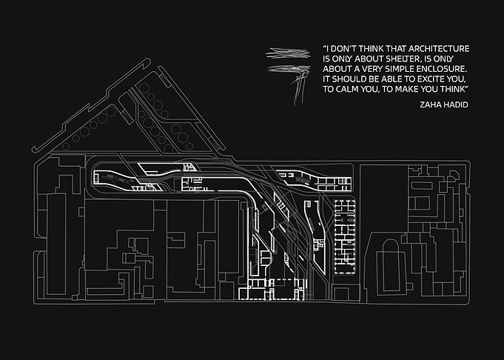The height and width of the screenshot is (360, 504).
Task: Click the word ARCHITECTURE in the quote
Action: tap(439, 49)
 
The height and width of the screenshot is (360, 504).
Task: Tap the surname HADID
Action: tap(456, 104)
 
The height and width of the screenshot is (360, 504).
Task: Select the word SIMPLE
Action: tap(400, 69)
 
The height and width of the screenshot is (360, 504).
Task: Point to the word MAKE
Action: tap(406, 89)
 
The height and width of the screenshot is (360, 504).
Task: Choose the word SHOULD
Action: tap(347, 79)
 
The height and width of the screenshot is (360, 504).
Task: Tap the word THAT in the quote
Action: tap(396, 49)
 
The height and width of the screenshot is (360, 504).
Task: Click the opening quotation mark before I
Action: tap(325, 47)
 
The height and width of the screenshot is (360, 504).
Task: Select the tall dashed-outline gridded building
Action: tap(345, 237)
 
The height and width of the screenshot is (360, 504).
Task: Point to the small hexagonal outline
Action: tap(454, 175)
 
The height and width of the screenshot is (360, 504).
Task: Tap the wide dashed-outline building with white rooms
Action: tap(272, 290)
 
